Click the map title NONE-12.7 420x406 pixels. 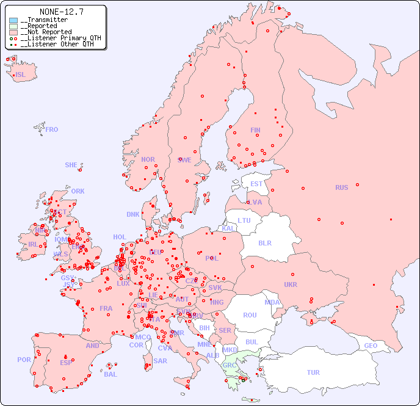pos(61,12)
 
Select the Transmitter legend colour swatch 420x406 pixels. pos(13,20)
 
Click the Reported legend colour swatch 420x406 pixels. pos(13,26)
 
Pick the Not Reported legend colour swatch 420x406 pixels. pos(13,32)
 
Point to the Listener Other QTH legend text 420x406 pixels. pos(57,44)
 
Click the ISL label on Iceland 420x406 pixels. pos(20,75)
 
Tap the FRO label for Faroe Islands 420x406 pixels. pos(52,129)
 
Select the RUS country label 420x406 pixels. pos(341,187)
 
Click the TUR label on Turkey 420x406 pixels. pos(313,372)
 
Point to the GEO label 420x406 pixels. pos(371,346)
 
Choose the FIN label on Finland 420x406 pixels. pos(255,130)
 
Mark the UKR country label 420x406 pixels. pos(291,285)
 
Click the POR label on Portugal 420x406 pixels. pos(24,360)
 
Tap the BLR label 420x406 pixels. pos(264,242)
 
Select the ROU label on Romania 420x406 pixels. pos(250,315)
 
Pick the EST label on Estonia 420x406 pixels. pos(256,184)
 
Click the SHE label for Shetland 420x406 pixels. pos(71,165)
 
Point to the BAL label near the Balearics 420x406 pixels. pos(110,374)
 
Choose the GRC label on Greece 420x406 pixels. pos(230,366)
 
